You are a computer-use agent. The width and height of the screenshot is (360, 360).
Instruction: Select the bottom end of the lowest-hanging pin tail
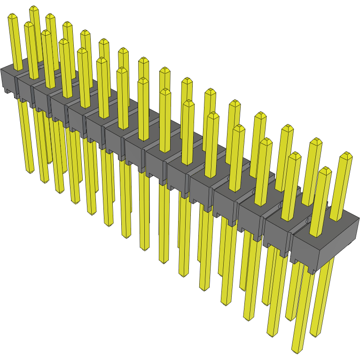click(x=296, y=350)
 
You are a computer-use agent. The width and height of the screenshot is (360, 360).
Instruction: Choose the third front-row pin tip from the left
click(x=46, y=33)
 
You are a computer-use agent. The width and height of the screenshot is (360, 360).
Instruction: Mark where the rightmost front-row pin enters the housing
click(x=316, y=233)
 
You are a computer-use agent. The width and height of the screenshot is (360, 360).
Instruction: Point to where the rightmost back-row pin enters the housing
click(x=336, y=219)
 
